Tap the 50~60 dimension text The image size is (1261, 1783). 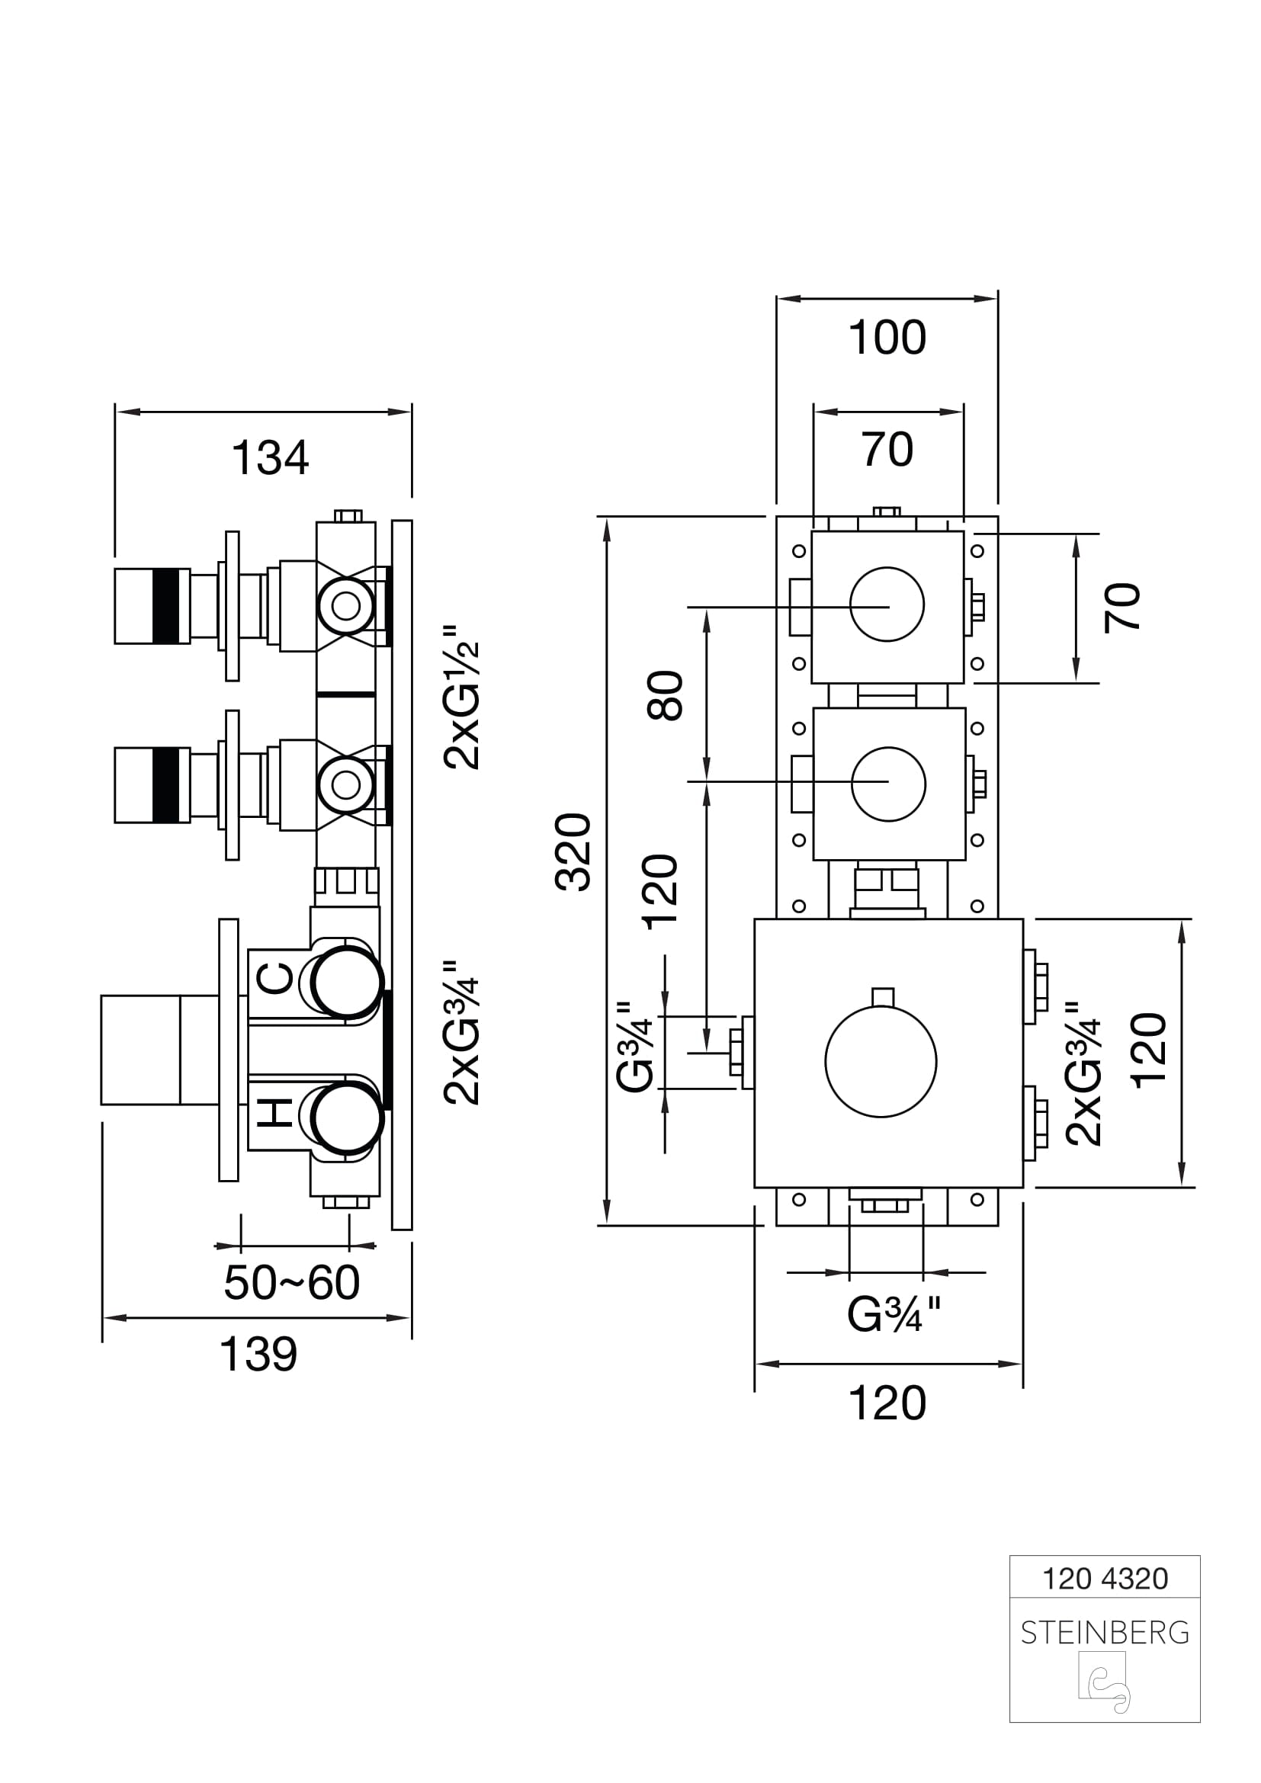291,1281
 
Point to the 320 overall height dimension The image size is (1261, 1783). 574,851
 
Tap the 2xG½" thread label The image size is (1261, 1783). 463,705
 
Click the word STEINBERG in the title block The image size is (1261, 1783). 1104,1634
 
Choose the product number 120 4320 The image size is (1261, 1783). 1104,1579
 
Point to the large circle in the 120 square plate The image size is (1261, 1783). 881,1062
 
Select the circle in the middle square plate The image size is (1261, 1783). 888,784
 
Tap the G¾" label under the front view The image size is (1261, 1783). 894,1315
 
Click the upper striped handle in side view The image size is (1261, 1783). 152,606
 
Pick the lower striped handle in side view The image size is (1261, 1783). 152,785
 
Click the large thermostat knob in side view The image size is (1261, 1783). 159,1050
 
